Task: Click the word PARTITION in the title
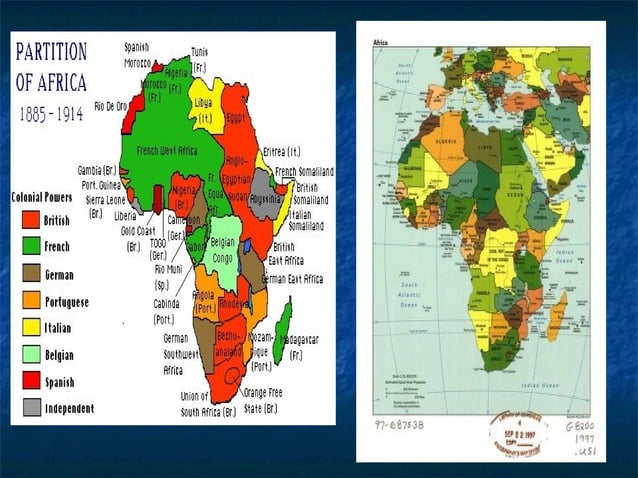click(x=51, y=52)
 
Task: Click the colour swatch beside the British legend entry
click(x=31, y=221)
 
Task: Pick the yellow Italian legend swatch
click(x=31, y=328)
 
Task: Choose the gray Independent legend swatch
click(x=31, y=408)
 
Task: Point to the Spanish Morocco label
click(x=138, y=54)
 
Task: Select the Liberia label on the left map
click(x=125, y=215)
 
